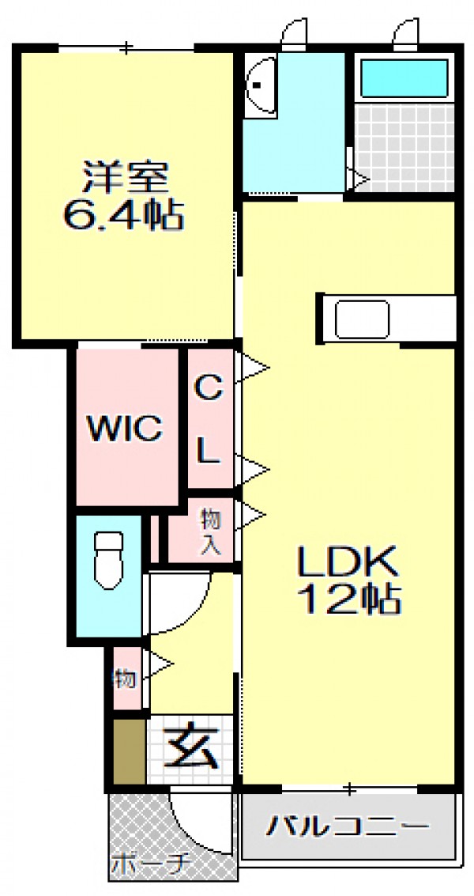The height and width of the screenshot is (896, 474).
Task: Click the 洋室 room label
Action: click(x=125, y=178)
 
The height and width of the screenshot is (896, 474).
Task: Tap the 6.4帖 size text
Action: click(x=123, y=215)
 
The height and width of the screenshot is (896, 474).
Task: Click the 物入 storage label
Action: click(x=209, y=531)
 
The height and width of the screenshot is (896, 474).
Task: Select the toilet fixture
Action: click(x=108, y=560)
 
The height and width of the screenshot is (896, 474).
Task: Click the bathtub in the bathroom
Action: click(x=404, y=78)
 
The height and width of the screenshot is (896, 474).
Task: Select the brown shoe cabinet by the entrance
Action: click(x=129, y=751)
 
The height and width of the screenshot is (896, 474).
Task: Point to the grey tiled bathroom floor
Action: click(x=404, y=147)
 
